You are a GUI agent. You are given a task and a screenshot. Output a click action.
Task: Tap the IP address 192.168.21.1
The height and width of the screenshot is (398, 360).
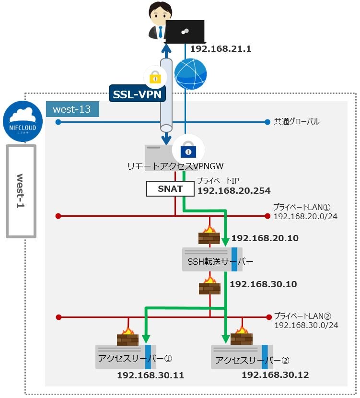click(x=221, y=49)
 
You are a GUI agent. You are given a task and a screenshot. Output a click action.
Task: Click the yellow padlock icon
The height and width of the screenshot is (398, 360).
click(x=155, y=77)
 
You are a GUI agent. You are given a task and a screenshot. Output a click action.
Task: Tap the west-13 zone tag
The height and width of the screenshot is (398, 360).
click(x=72, y=109)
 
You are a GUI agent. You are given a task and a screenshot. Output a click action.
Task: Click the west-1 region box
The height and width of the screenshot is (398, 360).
click(x=21, y=191)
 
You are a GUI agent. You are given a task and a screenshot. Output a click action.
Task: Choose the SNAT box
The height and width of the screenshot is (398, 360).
click(x=170, y=189)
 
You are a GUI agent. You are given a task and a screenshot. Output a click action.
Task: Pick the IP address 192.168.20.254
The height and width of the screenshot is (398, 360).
click(x=234, y=191)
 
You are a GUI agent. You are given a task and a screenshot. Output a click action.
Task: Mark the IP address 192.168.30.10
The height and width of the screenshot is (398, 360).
click(x=263, y=284)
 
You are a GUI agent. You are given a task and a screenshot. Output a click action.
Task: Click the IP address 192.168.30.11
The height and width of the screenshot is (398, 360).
click(x=151, y=375)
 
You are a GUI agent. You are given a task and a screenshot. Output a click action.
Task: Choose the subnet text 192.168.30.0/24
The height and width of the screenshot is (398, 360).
click(x=306, y=325)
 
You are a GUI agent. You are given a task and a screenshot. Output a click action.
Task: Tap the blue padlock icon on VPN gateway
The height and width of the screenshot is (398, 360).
click(x=188, y=151)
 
